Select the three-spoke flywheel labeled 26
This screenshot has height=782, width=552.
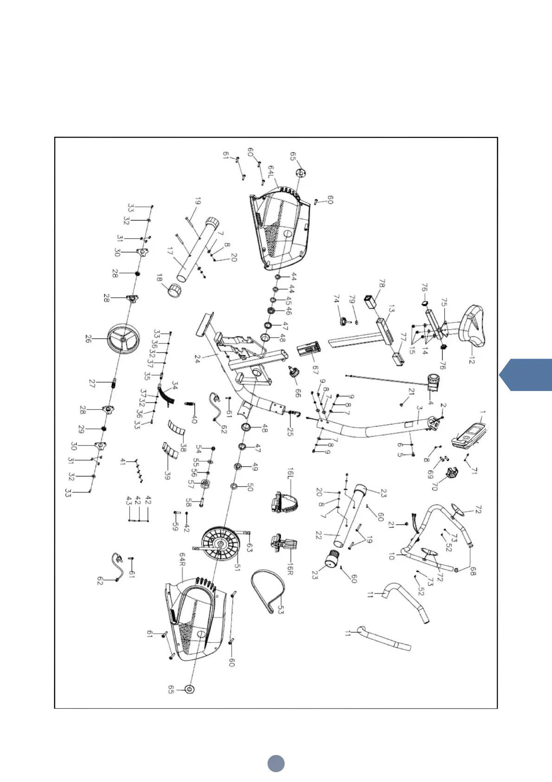[x=123, y=339]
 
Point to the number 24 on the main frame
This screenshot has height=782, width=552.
[x=197, y=358]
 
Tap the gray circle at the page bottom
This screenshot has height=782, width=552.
[x=276, y=763]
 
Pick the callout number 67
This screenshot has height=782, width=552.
[x=315, y=370]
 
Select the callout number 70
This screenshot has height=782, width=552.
[x=434, y=486]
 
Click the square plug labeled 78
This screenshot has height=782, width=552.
[x=370, y=300]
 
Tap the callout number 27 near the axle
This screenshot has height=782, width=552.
[x=92, y=384]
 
